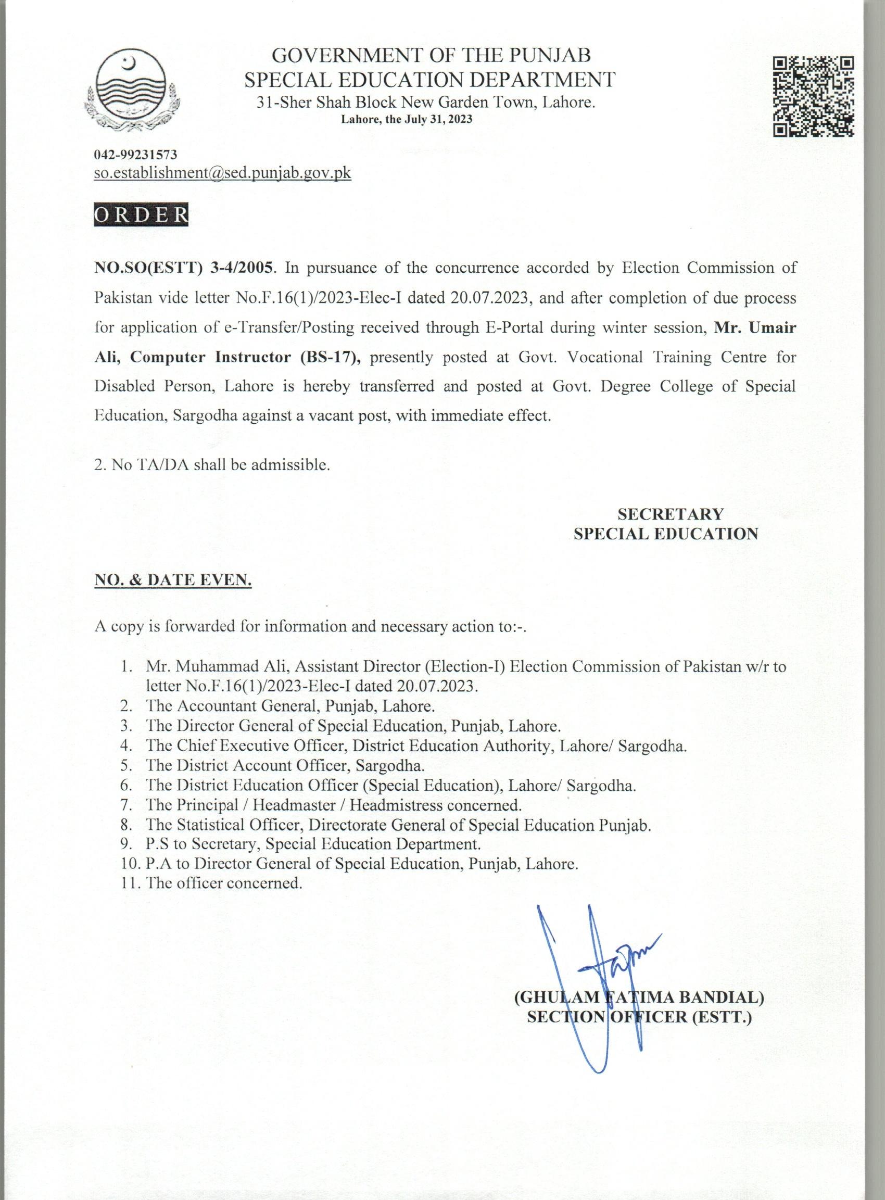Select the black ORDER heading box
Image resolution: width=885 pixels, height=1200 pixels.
point(141,214)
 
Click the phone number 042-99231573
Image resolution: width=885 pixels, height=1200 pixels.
point(135,155)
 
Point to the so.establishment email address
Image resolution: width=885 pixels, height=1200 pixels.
point(222,173)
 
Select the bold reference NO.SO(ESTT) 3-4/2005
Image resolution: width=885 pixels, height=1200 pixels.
point(184,268)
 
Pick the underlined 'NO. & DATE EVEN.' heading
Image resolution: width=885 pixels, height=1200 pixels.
point(173,579)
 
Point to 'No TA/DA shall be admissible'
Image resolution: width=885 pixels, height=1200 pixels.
point(211,464)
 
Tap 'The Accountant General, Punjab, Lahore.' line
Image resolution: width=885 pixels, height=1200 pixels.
point(290,706)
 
